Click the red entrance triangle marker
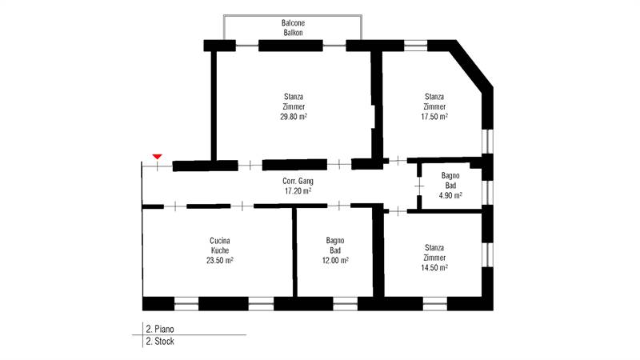pos(157,157)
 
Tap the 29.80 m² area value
pos(294,117)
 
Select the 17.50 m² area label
pos(434,117)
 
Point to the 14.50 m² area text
pos(434,268)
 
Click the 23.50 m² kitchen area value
pos(220,261)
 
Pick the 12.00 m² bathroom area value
pos(335,261)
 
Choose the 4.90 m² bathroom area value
pos(450,195)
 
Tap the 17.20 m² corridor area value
pos(298,191)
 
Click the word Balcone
pos(293,23)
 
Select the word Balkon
pos(293,33)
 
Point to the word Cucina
pos(220,241)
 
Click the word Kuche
pos(220,250)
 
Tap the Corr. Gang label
pos(298,182)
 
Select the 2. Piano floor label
pos(160,329)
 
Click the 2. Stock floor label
pos(160,342)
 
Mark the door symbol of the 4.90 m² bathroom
pos(419,186)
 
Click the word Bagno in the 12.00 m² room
pos(335,241)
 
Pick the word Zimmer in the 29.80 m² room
pos(294,107)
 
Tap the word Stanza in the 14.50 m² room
pos(434,248)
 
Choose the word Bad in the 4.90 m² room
pos(450,186)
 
